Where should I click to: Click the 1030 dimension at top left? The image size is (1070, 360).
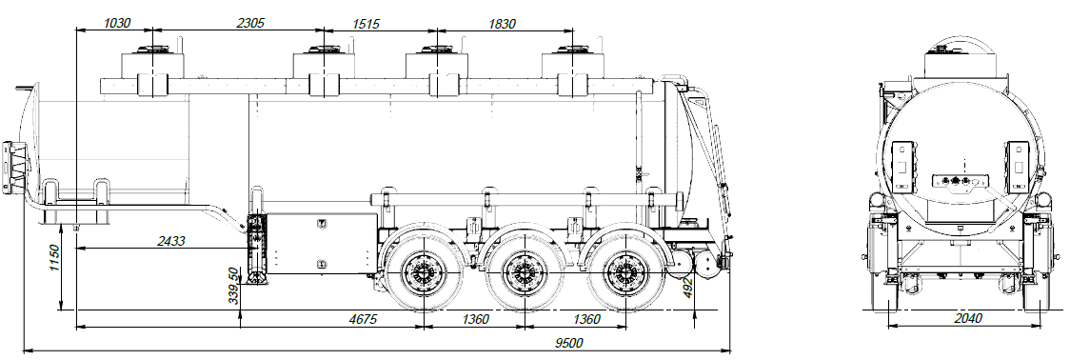click(x=116, y=22)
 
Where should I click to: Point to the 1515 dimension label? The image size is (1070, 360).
click(x=368, y=22)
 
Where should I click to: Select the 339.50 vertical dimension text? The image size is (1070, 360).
click(x=230, y=285)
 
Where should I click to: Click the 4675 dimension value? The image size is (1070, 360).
click(x=359, y=319)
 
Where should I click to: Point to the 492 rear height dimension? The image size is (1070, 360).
click(x=688, y=288)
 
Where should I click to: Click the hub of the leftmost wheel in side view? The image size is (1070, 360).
click(x=422, y=274)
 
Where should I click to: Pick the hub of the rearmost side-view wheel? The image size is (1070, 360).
click(x=624, y=274)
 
